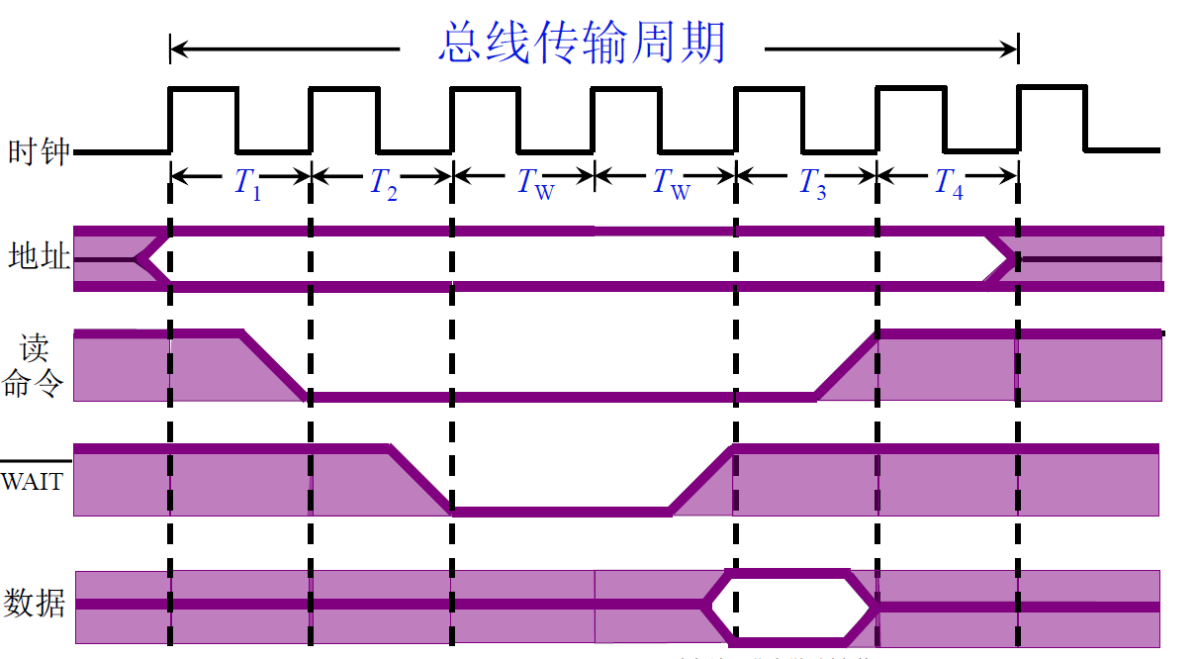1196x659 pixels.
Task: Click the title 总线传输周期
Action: (x=583, y=44)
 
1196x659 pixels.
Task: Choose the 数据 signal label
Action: (x=36, y=602)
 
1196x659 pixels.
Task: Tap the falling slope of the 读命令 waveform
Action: (x=274, y=365)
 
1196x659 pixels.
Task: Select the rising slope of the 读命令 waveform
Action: (x=847, y=365)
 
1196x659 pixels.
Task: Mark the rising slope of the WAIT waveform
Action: (x=701, y=481)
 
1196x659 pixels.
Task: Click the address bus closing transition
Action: (x=1000, y=258)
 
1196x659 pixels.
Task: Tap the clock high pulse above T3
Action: (x=769, y=91)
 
